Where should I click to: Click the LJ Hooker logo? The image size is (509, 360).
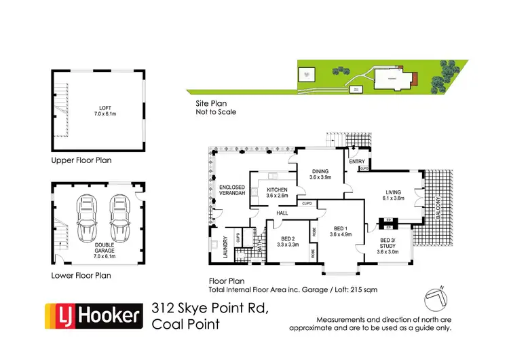[x=93, y=315]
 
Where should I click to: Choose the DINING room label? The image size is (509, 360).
[x=320, y=174]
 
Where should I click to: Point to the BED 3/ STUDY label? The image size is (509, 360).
[x=385, y=247]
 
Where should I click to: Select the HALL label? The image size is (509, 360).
[x=282, y=213]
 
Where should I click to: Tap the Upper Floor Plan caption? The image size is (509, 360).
[x=81, y=161]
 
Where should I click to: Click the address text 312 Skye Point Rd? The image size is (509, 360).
[x=210, y=309]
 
